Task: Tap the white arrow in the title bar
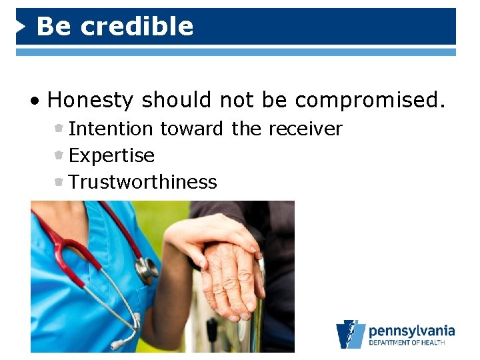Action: click(x=22, y=27)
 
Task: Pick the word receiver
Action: click(x=306, y=129)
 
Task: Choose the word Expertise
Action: click(x=111, y=156)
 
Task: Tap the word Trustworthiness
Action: click(x=143, y=182)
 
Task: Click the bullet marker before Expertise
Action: click(x=59, y=155)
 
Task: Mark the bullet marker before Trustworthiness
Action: click(x=59, y=182)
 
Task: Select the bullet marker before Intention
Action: click(x=59, y=129)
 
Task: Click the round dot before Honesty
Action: click(x=34, y=101)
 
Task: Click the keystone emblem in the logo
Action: click(x=351, y=334)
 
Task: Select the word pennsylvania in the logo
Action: click(x=411, y=331)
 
